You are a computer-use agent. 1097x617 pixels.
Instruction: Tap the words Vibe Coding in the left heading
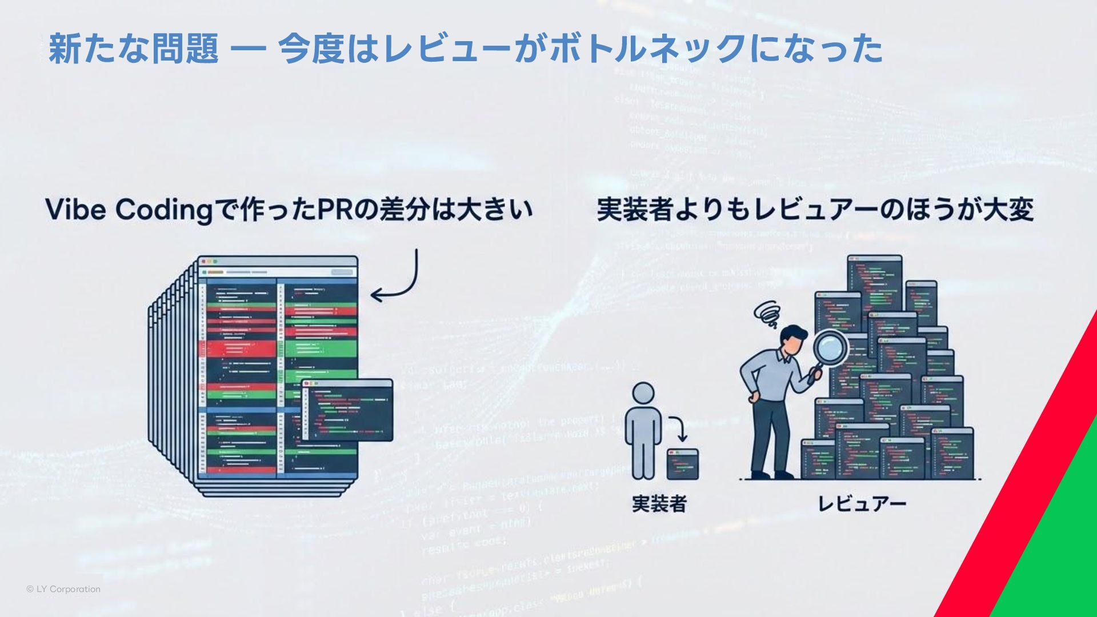click(x=129, y=210)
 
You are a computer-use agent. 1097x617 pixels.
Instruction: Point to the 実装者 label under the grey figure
click(x=659, y=504)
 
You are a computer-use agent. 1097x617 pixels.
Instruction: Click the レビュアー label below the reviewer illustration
click(x=862, y=504)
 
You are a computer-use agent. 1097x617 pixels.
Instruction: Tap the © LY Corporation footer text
click(x=63, y=589)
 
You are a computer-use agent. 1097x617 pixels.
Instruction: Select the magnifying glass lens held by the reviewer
click(x=831, y=347)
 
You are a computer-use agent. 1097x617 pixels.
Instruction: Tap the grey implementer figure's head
click(x=643, y=394)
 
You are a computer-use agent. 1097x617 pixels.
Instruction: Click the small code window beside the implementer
click(x=683, y=464)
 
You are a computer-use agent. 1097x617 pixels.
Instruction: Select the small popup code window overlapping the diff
click(x=347, y=410)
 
